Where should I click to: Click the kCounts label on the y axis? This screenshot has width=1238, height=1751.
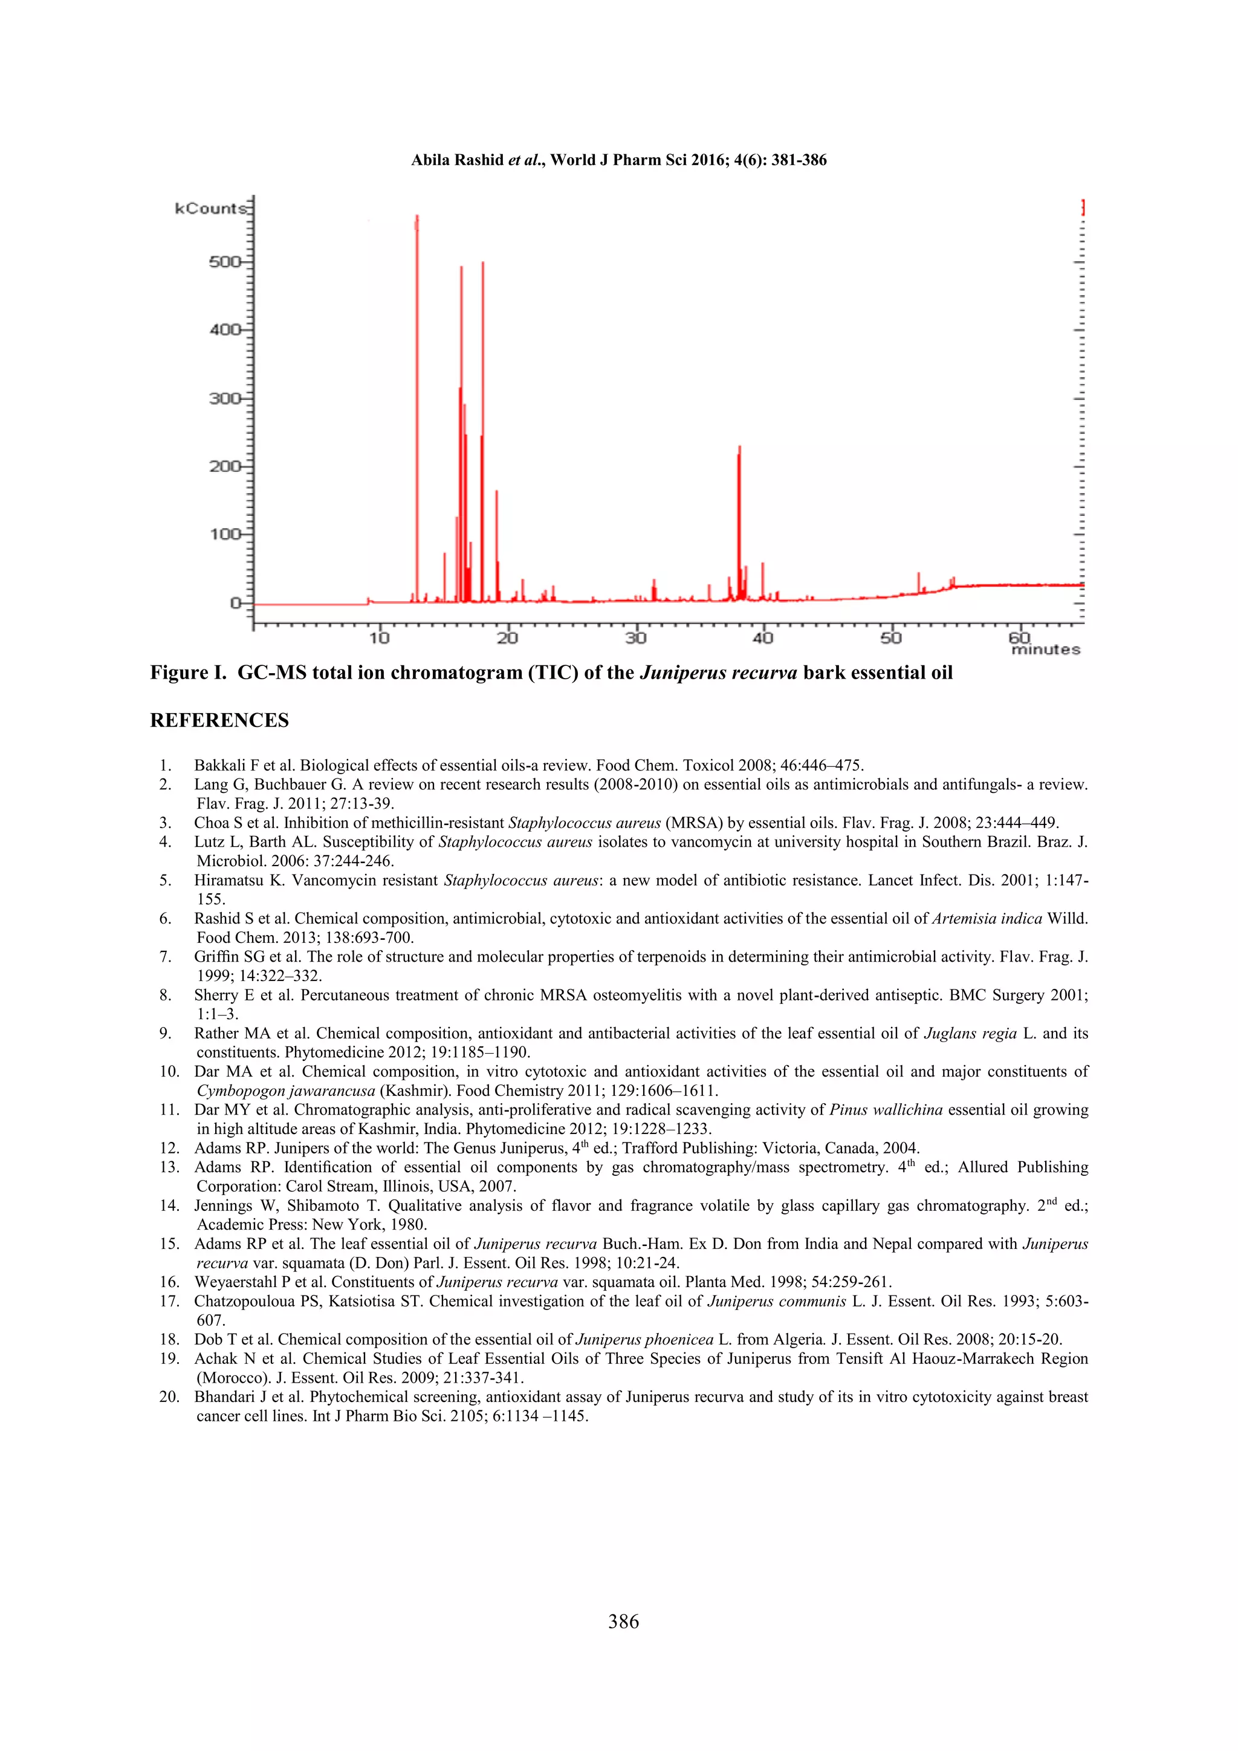210,208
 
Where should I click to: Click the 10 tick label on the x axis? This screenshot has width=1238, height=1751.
380,637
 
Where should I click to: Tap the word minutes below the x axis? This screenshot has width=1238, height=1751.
1045,650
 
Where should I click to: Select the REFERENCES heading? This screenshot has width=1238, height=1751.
219,721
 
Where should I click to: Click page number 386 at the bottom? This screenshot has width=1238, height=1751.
624,1622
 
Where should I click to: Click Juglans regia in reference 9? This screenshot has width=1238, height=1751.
970,1034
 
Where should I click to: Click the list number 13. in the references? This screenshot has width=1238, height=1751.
170,1167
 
